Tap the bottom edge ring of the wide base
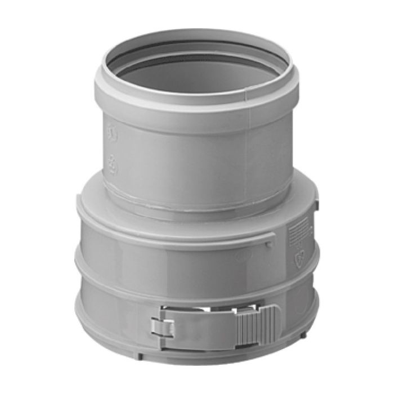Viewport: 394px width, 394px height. coord(197,363)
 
